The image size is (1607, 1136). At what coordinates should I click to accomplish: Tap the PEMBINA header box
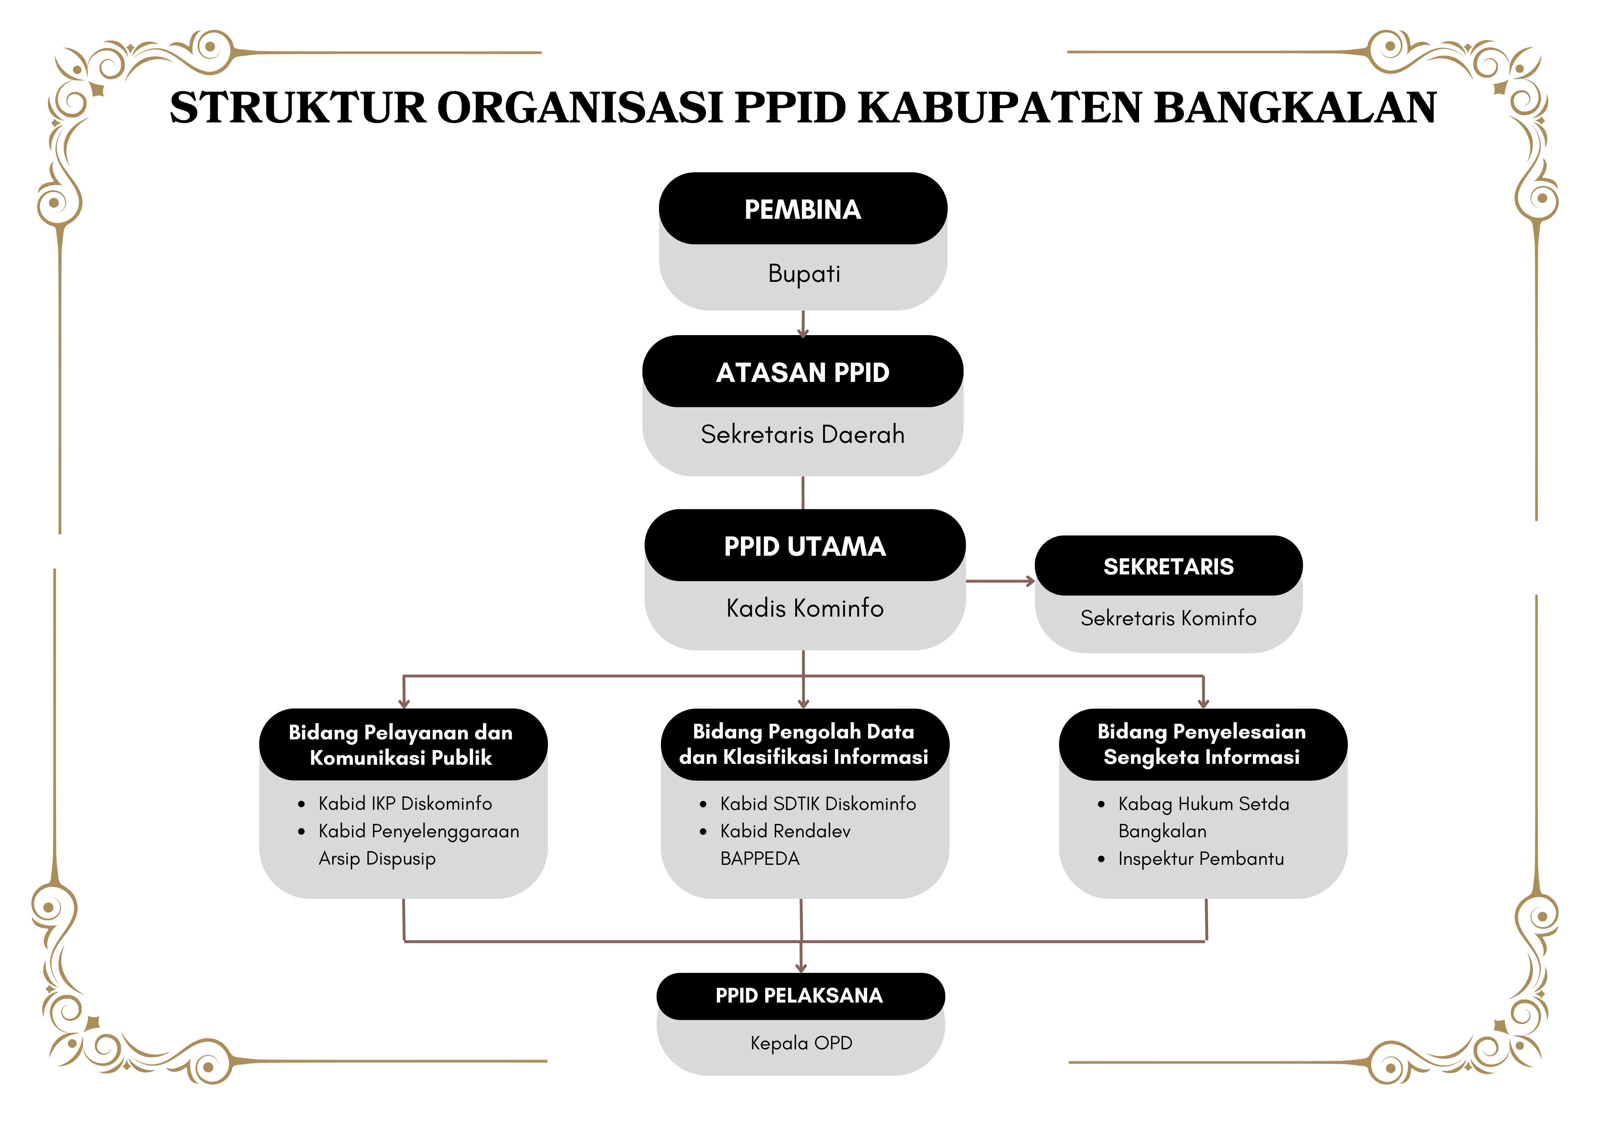tap(803, 209)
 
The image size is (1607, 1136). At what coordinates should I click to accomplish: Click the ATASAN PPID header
tap(803, 372)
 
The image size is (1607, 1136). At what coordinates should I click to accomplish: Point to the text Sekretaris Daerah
tap(803, 434)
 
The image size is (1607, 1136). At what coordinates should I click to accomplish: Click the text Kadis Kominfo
tap(805, 607)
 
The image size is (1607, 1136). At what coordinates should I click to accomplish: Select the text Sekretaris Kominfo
tap(1168, 618)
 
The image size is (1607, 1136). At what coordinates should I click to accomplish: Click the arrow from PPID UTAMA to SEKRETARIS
tap(1000, 581)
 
